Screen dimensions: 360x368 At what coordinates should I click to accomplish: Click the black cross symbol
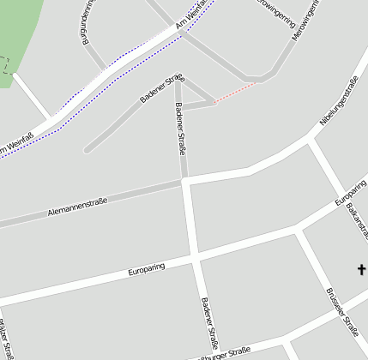tap(361, 271)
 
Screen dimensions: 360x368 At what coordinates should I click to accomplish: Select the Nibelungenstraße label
tap(338, 102)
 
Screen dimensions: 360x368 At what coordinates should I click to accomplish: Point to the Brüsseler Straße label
tap(341, 308)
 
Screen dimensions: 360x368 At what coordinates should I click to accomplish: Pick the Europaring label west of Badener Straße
tap(146, 268)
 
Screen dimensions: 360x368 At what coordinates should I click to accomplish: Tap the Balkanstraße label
tap(353, 221)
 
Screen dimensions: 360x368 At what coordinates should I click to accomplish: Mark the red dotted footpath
tap(234, 93)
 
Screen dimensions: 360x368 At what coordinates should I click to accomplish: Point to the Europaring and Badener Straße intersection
tap(195, 255)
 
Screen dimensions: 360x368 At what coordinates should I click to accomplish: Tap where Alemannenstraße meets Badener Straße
tap(185, 181)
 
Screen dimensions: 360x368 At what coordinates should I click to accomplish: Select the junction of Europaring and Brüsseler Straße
tap(298, 231)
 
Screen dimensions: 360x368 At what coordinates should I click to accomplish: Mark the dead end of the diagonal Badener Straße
tap(87, 151)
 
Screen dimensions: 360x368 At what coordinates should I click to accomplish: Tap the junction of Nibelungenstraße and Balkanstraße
tap(311, 137)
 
